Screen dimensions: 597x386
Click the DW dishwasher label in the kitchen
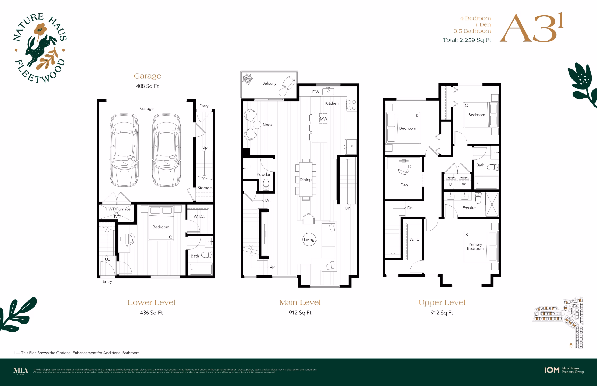click(x=316, y=92)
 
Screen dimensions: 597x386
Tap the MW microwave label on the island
click(x=323, y=119)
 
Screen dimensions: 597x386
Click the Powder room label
click(x=264, y=174)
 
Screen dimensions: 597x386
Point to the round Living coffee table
click(x=309, y=239)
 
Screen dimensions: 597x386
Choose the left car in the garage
click(x=124, y=150)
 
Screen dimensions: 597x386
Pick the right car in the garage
click(x=167, y=150)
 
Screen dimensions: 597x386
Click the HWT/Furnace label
click(x=118, y=209)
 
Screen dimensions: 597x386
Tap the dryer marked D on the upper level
click(x=451, y=183)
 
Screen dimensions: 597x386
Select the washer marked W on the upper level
click(x=464, y=183)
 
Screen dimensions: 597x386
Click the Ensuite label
click(x=469, y=208)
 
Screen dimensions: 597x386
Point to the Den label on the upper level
click(x=404, y=185)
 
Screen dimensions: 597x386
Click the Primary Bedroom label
click(x=475, y=246)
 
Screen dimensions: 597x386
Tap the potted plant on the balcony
click(x=248, y=79)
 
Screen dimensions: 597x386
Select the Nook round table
click(x=257, y=124)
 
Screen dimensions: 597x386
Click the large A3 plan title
click(x=531, y=28)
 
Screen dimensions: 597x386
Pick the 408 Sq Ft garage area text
click(x=147, y=86)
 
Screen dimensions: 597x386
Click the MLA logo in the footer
click(x=21, y=371)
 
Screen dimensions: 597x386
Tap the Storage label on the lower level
click(x=204, y=188)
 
